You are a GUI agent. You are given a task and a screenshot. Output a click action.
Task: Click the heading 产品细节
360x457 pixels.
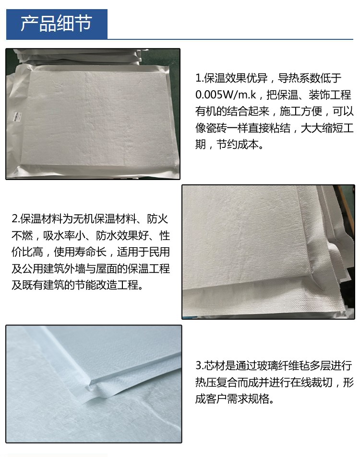tap(56, 24)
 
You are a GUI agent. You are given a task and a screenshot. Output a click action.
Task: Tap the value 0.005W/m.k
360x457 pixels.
tap(226, 95)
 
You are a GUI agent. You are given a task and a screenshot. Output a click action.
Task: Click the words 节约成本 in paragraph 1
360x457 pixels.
tap(237, 144)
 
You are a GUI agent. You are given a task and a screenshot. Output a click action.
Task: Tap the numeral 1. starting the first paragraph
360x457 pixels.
tap(199, 78)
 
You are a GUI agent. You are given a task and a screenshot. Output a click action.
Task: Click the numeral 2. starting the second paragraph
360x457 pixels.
tap(16, 219)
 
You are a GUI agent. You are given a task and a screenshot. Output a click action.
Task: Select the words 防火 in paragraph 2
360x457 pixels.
tap(157, 219)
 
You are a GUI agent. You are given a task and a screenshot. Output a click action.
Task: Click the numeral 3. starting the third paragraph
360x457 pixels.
tap(199, 365)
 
